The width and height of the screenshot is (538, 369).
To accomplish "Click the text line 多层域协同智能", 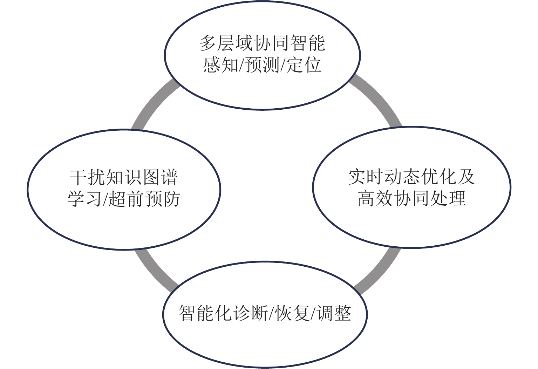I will tap(262, 43).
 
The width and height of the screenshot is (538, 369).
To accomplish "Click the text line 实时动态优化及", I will tap(411, 177).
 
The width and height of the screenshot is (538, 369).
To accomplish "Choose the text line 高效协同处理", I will tap(411, 198).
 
